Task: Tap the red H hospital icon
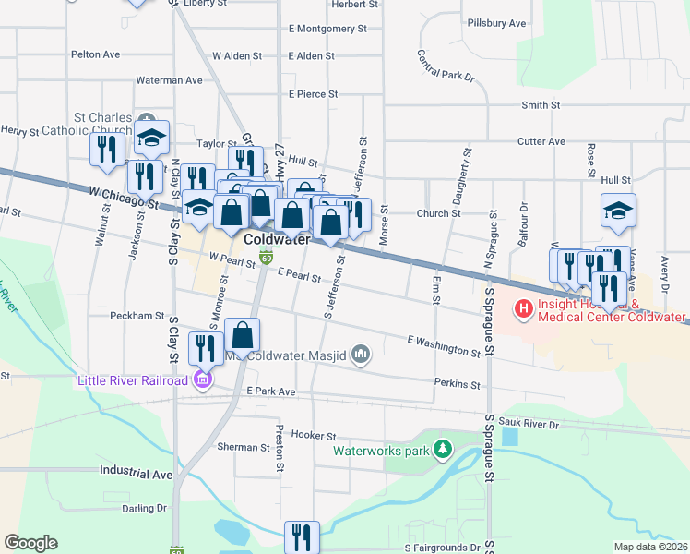(524, 307)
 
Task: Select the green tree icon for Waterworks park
(444, 448)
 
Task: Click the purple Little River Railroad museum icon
(203, 379)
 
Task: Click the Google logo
(30, 542)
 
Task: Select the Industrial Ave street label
(137, 475)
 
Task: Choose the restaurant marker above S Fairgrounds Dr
(302, 536)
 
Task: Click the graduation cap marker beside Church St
(619, 211)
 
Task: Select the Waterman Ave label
(169, 80)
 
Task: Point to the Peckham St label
(137, 316)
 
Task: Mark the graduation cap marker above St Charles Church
(151, 138)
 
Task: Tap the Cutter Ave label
(541, 141)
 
